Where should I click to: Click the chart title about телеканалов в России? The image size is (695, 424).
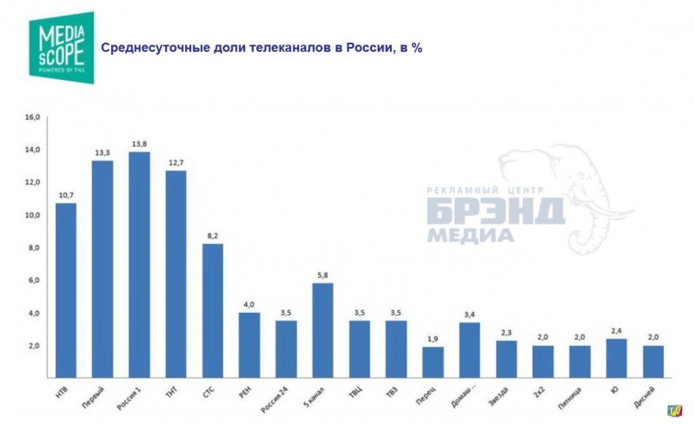point(261,47)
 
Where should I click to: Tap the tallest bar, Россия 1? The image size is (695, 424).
point(139,265)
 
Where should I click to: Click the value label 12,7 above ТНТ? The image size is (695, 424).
point(176,162)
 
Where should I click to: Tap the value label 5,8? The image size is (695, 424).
point(323,275)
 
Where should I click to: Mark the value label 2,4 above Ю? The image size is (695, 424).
point(616,331)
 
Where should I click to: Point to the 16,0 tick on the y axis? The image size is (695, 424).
point(33,117)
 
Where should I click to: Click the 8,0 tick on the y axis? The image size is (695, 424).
point(33,248)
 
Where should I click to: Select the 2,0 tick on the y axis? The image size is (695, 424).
point(33,346)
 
